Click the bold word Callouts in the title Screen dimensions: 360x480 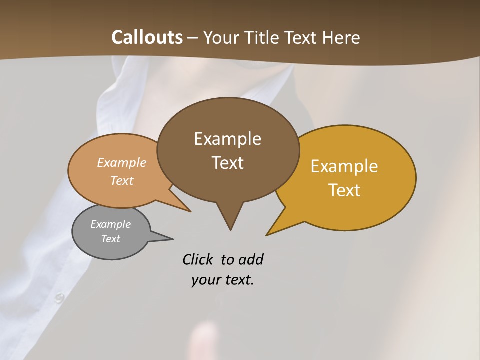[x=147, y=37]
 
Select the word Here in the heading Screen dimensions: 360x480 [x=341, y=37]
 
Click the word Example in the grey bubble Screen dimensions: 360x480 [x=110, y=224]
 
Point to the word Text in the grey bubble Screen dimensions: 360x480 [x=110, y=239]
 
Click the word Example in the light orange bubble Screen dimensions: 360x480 [x=122, y=163]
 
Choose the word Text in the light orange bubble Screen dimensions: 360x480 [x=122, y=180]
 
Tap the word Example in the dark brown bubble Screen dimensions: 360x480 [x=227, y=139]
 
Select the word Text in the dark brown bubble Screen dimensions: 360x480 [x=227, y=163]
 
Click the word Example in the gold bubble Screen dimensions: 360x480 [x=344, y=166]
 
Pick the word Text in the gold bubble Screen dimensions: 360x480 [x=344, y=190]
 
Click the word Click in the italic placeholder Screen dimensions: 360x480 [x=198, y=260]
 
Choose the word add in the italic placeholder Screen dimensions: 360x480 [x=251, y=260]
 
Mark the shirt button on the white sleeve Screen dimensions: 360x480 [x=59, y=298]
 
